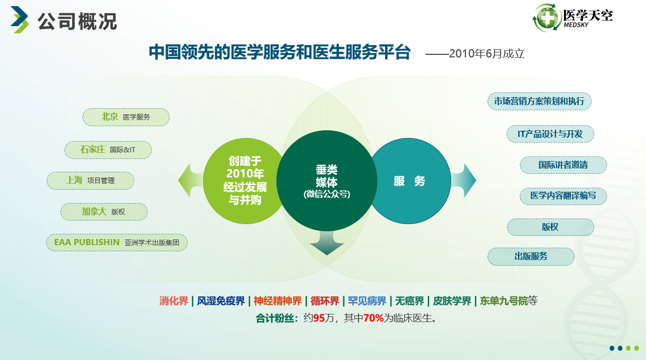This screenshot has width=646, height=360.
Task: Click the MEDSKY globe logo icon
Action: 547,18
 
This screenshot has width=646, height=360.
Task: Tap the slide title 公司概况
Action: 77,22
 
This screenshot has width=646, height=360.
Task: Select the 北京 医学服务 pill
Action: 126,117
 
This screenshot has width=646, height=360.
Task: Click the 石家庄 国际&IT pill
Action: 108,150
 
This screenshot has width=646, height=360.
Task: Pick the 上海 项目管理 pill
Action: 91,181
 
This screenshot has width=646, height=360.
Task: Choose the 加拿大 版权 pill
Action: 104,212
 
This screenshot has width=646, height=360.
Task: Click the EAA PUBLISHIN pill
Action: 117,242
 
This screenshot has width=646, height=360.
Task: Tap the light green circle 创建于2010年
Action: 244,181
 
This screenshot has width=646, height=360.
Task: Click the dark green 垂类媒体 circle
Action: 327,181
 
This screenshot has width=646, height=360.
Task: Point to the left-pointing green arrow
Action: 190,181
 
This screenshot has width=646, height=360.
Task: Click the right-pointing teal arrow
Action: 463,181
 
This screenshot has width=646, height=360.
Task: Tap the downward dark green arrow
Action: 327,243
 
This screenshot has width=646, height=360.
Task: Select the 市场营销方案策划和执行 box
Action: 539,101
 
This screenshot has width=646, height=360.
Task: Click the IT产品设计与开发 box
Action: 550,134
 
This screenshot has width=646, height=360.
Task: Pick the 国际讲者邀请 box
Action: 563,165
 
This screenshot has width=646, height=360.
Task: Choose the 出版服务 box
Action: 531,256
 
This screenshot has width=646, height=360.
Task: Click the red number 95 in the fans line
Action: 319,318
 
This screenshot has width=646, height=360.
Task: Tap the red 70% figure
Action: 373,318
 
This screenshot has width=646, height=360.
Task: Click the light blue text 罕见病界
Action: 367,301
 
